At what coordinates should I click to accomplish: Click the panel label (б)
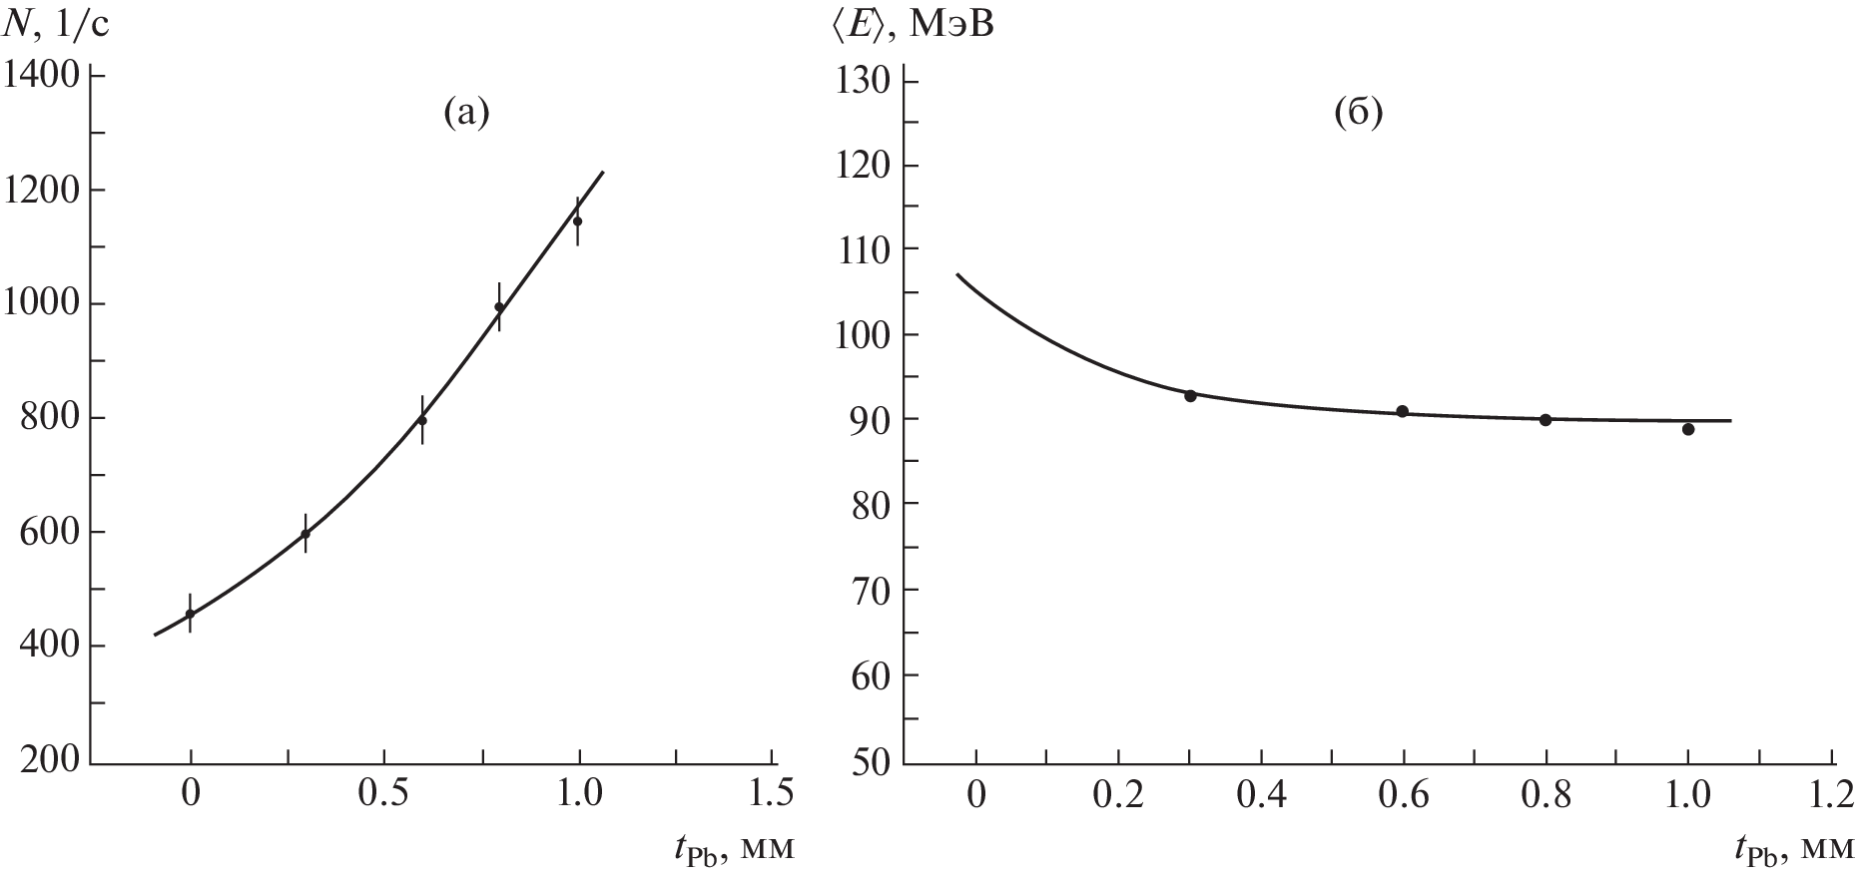click(x=1359, y=114)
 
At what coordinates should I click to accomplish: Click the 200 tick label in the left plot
click(x=50, y=760)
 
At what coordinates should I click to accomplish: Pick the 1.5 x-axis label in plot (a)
click(x=771, y=794)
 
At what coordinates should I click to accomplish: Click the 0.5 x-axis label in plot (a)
click(x=384, y=794)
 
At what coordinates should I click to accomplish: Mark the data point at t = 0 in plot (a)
click(x=190, y=614)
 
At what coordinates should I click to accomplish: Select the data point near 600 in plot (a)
click(x=306, y=534)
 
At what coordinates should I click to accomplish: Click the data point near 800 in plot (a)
click(x=421, y=420)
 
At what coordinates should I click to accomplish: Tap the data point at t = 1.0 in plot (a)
click(x=577, y=220)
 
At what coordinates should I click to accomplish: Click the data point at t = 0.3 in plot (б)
click(x=1190, y=396)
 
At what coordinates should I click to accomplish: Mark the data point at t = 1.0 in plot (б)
click(x=1688, y=429)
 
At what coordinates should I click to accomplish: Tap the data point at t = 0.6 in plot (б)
click(x=1403, y=411)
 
